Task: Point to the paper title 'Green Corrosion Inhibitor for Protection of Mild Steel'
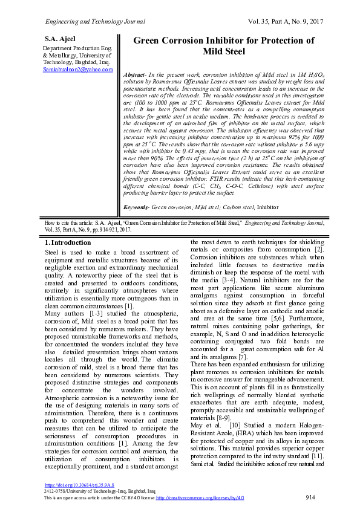point(223,46)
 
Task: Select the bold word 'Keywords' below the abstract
point(136,207)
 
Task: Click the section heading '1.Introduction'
point(69,242)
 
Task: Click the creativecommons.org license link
point(200,497)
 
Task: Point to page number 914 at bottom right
point(311,497)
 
